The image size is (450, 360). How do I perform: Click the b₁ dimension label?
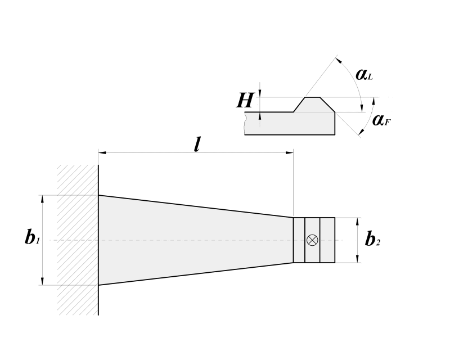(x=32, y=237)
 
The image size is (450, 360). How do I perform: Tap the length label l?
(x=196, y=145)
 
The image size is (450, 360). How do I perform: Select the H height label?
(x=245, y=101)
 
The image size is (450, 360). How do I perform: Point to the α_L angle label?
(x=364, y=74)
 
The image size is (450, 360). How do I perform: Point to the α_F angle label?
(x=381, y=120)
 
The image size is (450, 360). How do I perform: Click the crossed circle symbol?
(x=312, y=240)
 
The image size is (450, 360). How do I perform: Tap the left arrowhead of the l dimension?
(x=102, y=153)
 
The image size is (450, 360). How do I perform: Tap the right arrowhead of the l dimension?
(x=289, y=153)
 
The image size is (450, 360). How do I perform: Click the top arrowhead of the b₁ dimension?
(x=43, y=199)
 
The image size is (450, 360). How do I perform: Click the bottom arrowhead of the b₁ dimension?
(x=43, y=281)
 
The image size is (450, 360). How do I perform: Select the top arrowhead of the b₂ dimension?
(x=358, y=222)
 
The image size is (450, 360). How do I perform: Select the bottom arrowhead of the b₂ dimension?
(x=358, y=258)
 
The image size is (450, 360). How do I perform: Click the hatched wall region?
(x=78, y=240)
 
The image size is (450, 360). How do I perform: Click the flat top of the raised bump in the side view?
(x=312, y=97)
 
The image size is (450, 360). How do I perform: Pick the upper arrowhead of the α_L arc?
(x=339, y=60)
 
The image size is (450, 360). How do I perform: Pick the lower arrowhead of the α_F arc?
(x=361, y=132)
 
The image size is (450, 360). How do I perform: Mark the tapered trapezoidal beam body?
(x=195, y=240)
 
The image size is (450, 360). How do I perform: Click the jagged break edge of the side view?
(x=245, y=123)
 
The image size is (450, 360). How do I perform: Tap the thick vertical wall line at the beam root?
(x=98, y=240)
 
